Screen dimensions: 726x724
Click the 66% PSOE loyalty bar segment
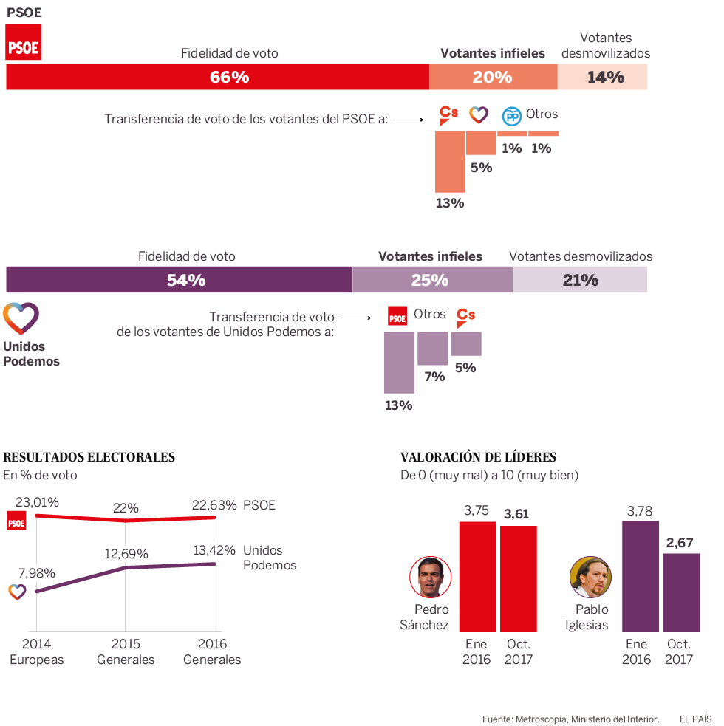tap(218, 77)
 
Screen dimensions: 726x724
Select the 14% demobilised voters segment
tap(603, 77)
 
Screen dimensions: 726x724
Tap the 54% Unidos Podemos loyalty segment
tap(179, 280)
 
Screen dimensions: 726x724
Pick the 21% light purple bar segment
tap(580, 280)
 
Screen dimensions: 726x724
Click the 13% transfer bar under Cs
tap(450, 162)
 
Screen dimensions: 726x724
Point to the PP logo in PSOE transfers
tap(511, 116)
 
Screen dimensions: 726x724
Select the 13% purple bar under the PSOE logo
tap(399, 362)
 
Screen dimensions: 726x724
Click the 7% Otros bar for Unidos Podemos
tap(432, 348)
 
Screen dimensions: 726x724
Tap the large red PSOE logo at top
tap(24, 41)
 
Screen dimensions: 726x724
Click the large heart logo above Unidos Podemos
tap(21, 318)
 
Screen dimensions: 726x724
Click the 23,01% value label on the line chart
tap(37, 502)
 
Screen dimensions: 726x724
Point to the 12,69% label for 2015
tap(126, 554)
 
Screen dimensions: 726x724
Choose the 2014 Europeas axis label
tap(37, 651)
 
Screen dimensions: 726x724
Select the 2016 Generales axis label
tap(212, 651)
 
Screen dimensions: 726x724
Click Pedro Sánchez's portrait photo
tap(430, 578)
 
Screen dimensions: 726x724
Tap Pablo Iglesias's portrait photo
tap(590, 578)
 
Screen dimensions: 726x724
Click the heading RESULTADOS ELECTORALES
tap(89, 457)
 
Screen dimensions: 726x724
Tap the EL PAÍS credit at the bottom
tap(695, 718)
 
